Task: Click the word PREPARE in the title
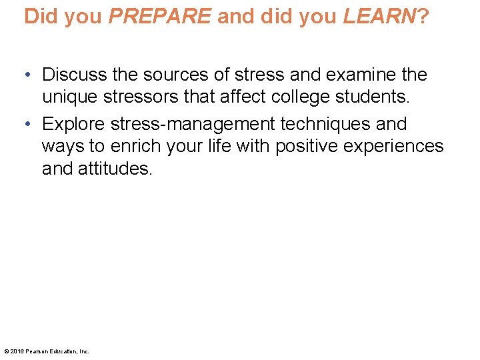(x=159, y=16)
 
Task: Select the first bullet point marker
(x=29, y=75)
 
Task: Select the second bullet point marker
(x=29, y=125)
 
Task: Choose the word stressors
(x=143, y=97)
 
